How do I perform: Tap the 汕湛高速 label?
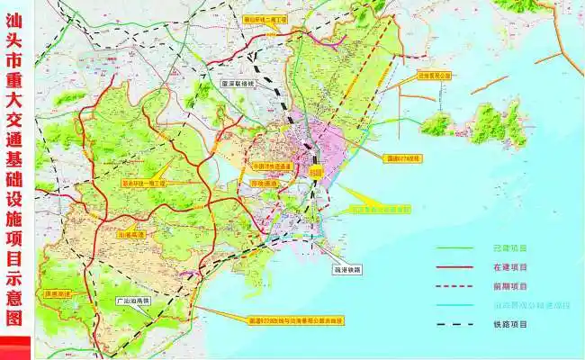coord(132,233)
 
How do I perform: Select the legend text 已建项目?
coord(512,248)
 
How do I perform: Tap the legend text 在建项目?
coord(512,267)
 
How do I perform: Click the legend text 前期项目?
coord(512,287)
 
